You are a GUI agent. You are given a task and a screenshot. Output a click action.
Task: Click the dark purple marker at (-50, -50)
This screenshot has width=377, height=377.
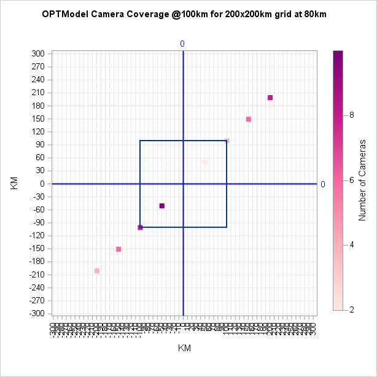[162, 206]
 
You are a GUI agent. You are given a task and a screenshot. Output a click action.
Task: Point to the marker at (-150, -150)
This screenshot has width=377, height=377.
[119, 249]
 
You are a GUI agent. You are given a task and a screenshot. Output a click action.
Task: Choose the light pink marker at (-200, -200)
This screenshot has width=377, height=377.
[97, 271]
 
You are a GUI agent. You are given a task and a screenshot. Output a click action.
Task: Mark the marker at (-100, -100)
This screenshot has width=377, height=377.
[140, 227]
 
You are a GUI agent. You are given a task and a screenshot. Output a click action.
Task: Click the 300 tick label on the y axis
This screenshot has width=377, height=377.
[38, 54]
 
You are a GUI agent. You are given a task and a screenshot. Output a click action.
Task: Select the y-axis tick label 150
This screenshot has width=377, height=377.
[38, 119]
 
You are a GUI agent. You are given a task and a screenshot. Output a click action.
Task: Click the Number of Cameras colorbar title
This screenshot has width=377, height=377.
[363, 180]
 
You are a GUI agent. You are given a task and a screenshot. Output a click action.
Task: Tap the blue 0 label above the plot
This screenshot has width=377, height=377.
[182, 44]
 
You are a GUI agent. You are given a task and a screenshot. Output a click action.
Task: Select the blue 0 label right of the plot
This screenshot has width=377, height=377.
[323, 184]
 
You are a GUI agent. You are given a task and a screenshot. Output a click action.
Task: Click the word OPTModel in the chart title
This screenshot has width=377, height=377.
[64, 14]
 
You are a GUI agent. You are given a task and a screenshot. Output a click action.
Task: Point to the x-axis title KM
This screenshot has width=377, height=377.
[184, 348]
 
